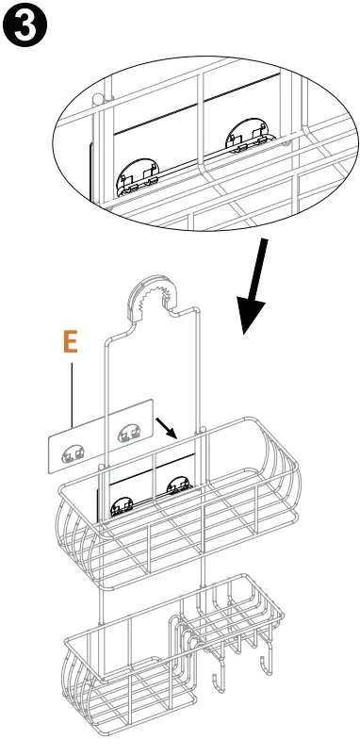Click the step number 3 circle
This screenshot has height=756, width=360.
pos(25,25)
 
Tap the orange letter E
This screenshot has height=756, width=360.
pos(71,342)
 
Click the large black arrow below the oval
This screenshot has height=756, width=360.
pos(254,286)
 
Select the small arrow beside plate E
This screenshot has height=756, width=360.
pos(166,428)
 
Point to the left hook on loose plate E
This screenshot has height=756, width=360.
pos(73,454)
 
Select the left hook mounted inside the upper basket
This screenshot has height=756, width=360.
pos(123,507)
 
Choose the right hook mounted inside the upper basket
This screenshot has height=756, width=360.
pos(179,485)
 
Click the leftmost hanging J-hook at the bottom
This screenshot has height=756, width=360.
pos(218,674)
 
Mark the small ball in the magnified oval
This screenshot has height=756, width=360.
pos(98,99)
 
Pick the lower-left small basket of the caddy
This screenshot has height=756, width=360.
pos(130,674)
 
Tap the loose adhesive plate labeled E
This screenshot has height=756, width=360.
pos(100,436)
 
